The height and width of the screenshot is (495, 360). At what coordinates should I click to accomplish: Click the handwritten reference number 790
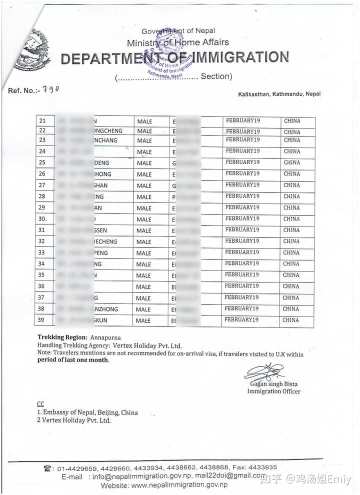click(50, 89)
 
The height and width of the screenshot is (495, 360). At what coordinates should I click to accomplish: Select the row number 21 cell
click(42, 121)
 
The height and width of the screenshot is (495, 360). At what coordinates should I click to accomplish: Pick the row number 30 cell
click(43, 219)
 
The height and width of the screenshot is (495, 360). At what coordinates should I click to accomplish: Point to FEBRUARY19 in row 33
click(242, 252)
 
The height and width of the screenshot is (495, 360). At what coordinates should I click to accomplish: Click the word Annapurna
click(105, 337)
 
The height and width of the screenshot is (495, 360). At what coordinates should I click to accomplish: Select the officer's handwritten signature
click(263, 372)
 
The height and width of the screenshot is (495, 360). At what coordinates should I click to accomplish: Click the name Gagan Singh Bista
click(273, 384)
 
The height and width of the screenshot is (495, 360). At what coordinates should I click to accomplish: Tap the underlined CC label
click(40, 403)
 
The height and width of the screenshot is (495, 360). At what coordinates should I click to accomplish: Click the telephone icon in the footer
click(48, 468)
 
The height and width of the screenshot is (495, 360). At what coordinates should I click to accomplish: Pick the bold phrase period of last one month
click(73, 360)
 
